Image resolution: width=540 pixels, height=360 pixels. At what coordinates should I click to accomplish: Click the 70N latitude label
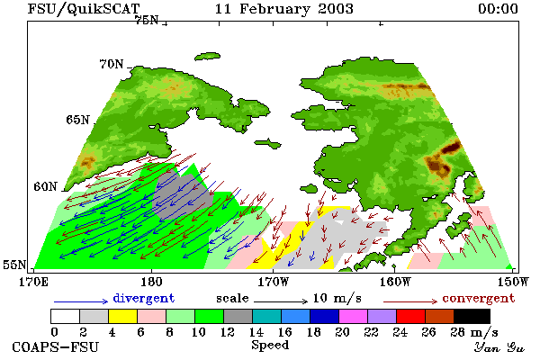(112, 64)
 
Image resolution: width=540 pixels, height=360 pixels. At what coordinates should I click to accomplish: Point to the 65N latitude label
(78, 120)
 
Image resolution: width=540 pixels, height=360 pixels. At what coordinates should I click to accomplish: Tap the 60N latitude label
(46, 186)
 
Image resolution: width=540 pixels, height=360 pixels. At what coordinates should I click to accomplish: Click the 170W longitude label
(274, 282)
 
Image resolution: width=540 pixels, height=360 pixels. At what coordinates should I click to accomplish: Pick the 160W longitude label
(396, 282)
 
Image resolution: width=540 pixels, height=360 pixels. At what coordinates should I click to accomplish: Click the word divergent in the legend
(144, 298)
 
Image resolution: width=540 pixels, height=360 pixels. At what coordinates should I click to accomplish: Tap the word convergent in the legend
(479, 298)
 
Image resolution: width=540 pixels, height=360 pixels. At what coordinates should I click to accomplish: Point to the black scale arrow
(281, 301)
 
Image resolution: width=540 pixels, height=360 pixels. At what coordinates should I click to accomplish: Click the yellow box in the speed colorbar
(122, 316)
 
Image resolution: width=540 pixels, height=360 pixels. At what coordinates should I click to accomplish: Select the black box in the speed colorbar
(472, 316)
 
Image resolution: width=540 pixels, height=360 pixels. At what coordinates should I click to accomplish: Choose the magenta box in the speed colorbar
(354, 316)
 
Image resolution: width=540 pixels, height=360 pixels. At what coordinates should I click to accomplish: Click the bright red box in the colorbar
(411, 316)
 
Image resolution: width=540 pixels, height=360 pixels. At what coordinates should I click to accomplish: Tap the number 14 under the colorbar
(256, 332)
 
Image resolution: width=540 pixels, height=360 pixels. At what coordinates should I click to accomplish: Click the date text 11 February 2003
(284, 9)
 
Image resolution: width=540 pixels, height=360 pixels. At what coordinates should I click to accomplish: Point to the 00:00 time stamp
(498, 9)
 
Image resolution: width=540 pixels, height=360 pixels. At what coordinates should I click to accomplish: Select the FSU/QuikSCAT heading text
(84, 9)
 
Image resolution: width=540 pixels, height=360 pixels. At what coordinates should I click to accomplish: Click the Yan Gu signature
(499, 347)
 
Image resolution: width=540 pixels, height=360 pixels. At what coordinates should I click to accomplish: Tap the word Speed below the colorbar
(270, 346)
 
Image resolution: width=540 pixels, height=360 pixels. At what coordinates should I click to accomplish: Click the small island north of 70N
(207, 56)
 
